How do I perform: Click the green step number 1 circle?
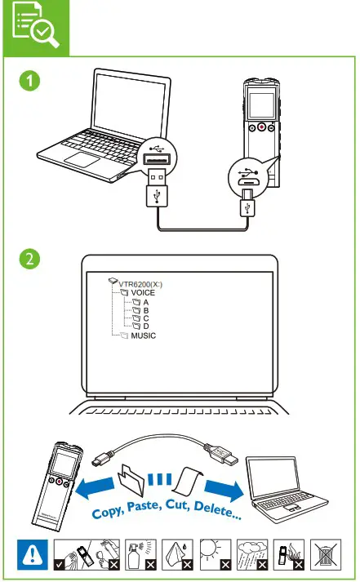tap(29, 82)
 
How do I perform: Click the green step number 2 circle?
tap(29, 260)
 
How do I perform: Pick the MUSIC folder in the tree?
tap(143, 335)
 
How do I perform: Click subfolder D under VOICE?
tap(145, 325)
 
